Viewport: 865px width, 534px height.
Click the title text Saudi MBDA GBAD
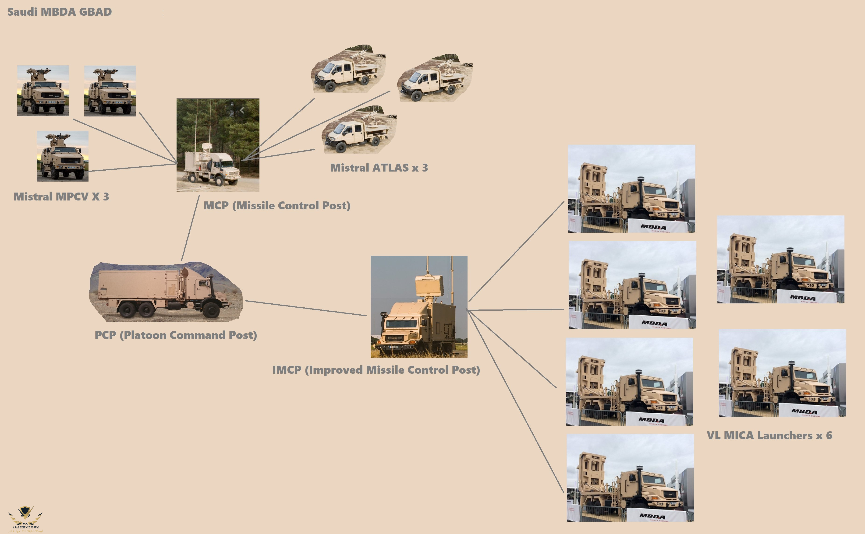click(x=59, y=12)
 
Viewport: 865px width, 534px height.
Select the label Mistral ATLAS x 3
click(x=379, y=168)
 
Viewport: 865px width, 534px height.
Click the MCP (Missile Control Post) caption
click(x=277, y=206)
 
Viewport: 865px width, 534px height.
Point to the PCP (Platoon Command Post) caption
click(x=176, y=335)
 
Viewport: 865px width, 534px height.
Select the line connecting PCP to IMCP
click(x=306, y=308)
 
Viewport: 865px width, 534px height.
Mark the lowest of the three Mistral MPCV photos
click(x=63, y=156)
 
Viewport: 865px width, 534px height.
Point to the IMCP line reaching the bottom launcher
click(x=516, y=403)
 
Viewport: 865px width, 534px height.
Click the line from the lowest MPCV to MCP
click(x=132, y=167)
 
